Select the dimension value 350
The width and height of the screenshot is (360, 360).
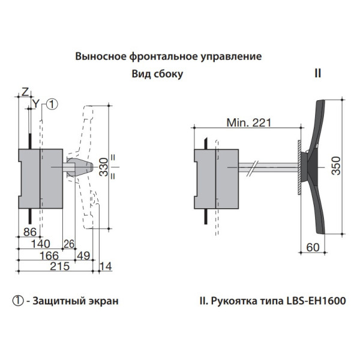click(x=338, y=166)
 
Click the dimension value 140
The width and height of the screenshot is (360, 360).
click(x=40, y=243)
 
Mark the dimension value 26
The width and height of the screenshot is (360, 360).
click(x=70, y=243)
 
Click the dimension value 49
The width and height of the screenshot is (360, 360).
click(x=83, y=256)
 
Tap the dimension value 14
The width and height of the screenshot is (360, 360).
click(x=106, y=266)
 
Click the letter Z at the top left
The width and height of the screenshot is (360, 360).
click(x=25, y=91)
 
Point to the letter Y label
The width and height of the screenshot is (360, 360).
click(x=36, y=104)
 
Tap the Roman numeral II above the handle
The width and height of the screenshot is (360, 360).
click(x=318, y=74)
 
